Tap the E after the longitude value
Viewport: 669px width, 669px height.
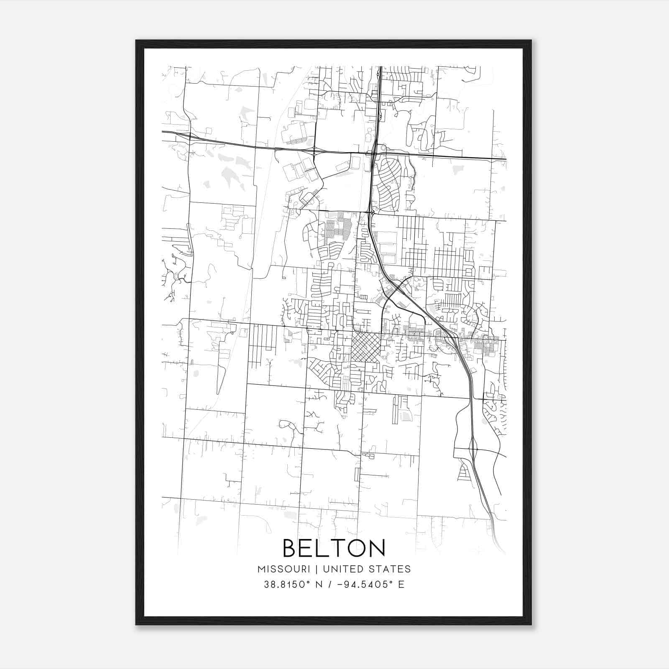(401, 585)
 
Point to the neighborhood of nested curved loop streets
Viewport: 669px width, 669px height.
(388, 184)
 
